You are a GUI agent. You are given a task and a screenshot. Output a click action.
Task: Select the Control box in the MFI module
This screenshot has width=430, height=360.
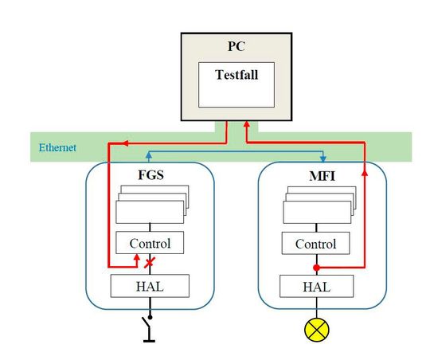click(x=315, y=243)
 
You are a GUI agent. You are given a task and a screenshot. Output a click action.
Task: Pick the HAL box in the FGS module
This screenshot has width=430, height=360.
click(x=150, y=284)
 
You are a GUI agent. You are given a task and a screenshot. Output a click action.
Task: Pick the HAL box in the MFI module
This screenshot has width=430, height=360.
click(x=315, y=284)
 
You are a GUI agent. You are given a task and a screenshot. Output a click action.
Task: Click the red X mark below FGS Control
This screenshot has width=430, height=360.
click(x=148, y=261)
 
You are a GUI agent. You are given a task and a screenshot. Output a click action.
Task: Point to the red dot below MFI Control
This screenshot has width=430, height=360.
click(x=315, y=267)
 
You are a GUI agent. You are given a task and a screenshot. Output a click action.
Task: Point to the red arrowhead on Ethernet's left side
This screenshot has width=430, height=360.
click(x=111, y=143)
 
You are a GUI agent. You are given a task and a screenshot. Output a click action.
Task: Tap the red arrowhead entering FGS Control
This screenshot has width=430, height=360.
click(x=136, y=258)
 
